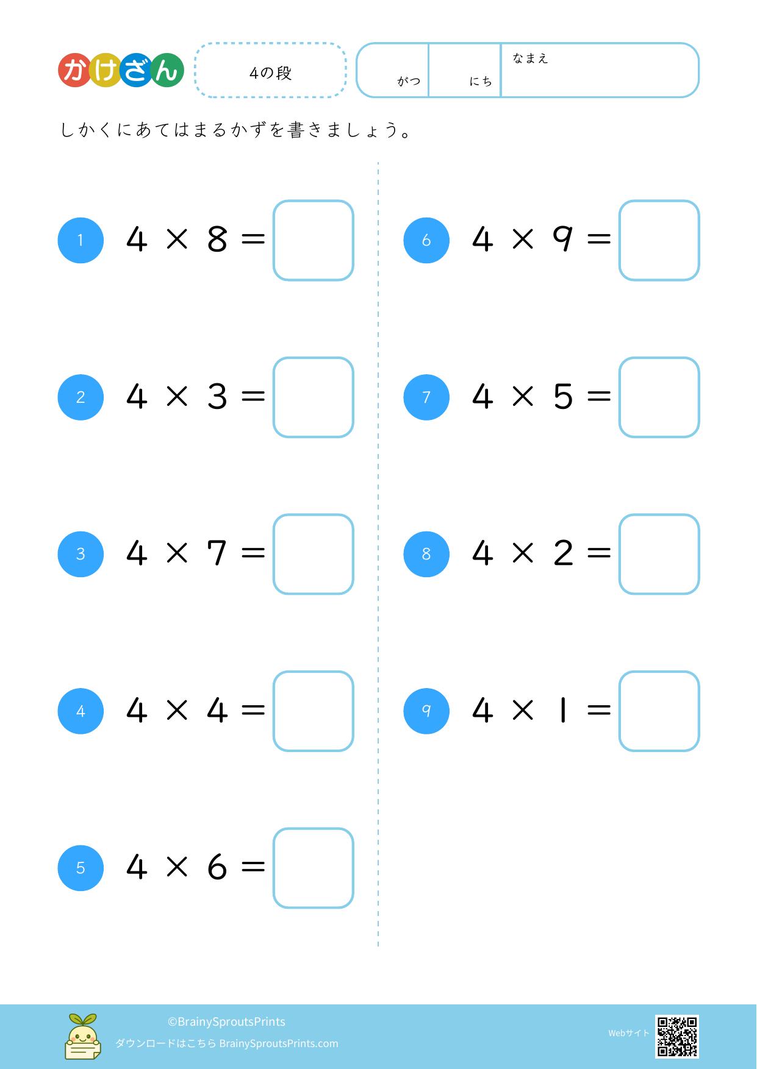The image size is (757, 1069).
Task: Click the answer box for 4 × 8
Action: pos(314,240)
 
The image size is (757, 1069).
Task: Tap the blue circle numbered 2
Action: pos(81,397)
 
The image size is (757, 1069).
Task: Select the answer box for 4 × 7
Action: pos(314,554)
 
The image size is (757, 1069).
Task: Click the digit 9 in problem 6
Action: pos(563,238)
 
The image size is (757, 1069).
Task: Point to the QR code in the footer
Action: pos(677,1036)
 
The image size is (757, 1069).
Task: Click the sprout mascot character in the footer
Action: pos(83,1036)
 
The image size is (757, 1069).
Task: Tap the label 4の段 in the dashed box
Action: pos(271,73)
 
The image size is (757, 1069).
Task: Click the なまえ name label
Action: pos(530,59)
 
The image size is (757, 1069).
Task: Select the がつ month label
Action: pos(409,81)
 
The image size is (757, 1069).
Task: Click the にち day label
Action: pos(481,81)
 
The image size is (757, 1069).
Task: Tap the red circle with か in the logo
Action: pos(75,70)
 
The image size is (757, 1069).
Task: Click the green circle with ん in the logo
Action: pos(167,70)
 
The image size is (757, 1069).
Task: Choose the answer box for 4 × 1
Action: pos(659,711)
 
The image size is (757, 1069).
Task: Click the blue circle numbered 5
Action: pos(81,868)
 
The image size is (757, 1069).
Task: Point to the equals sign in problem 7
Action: pos(599,397)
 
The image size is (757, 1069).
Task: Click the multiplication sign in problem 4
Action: pos(177,710)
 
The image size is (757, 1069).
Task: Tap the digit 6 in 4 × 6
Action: pos(217,867)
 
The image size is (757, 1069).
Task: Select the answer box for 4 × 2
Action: pos(659,554)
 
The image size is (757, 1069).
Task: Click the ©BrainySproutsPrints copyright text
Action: pos(226,1021)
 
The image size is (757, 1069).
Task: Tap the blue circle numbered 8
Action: pos(426,554)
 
